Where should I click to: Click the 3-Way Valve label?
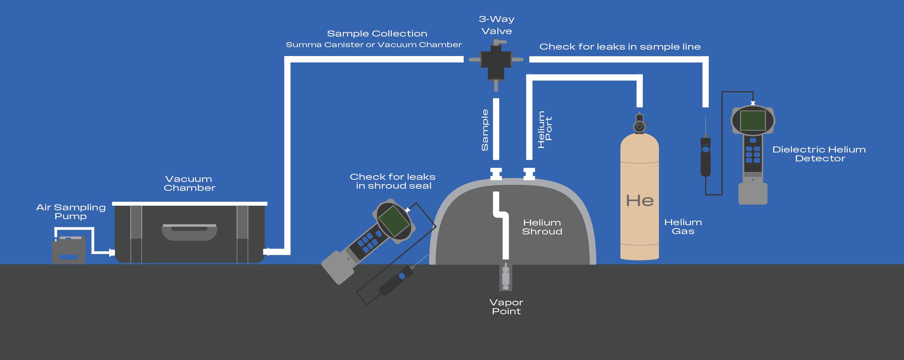click(496, 25)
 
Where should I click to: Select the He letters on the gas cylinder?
click(640, 201)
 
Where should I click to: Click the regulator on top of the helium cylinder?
click(639, 124)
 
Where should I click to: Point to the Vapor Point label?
click(506, 307)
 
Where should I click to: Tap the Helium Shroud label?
click(542, 227)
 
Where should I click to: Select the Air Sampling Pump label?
click(71, 212)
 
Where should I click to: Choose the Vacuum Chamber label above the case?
click(189, 183)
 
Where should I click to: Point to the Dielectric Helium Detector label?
click(819, 154)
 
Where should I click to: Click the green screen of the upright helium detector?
click(753, 121)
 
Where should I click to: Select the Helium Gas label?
click(683, 227)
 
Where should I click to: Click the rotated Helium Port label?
click(545, 129)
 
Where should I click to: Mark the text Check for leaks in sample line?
click(620, 47)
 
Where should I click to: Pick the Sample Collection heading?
click(377, 34)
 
